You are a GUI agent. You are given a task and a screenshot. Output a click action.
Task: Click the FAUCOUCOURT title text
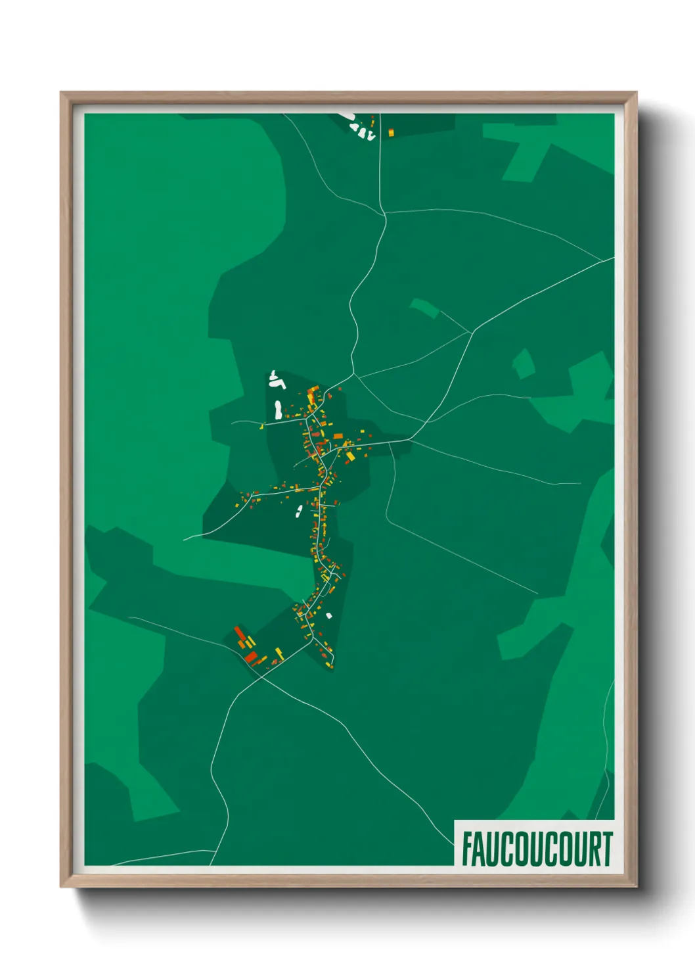click(537, 849)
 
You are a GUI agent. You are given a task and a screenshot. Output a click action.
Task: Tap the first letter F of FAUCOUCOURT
click(467, 849)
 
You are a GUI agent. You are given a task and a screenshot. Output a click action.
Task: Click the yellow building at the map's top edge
click(391, 133)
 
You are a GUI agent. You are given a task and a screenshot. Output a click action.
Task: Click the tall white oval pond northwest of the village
click(278, 410)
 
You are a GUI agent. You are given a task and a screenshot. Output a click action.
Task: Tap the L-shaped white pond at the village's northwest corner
click(277, 380)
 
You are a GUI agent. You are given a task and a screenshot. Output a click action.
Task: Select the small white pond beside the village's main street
click(299, 511)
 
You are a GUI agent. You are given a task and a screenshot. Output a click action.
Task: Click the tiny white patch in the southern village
click(329, 616)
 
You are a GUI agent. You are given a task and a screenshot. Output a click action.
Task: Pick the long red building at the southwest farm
click(240, 634)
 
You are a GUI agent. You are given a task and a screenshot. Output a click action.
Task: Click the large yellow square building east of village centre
click(350, 456)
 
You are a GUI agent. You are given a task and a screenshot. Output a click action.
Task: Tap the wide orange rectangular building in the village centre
click(338, 436)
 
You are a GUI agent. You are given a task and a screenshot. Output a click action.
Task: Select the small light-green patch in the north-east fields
click(424, 308)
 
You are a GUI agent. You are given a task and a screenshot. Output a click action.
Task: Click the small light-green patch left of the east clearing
click(524, 364)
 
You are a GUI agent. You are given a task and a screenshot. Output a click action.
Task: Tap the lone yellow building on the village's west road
click(261, 427)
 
